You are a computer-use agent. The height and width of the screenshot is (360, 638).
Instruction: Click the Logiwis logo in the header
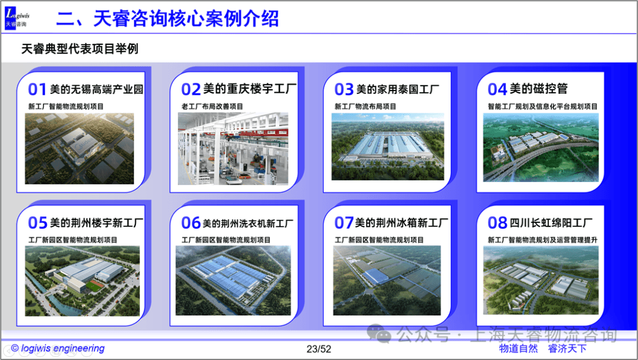17,18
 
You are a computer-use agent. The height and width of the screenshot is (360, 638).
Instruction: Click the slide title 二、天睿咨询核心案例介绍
167,19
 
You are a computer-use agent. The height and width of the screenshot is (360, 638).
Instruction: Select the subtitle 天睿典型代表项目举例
80,49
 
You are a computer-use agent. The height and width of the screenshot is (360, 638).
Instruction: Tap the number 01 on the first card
37,89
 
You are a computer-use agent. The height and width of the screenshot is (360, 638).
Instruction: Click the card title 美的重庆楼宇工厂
250,89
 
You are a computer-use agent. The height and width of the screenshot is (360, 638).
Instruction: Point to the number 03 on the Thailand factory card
344,89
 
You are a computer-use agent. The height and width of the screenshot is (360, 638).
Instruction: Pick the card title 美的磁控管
539,88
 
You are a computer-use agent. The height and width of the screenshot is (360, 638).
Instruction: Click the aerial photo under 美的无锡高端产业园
79,148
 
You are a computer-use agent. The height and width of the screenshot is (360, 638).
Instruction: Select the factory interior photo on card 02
233,148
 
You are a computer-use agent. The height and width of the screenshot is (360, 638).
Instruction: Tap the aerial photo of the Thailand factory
388,147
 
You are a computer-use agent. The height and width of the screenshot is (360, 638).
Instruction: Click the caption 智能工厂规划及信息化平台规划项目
543,106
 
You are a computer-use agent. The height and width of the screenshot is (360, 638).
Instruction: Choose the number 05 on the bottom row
37,223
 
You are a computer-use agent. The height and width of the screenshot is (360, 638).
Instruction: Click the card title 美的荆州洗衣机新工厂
248,223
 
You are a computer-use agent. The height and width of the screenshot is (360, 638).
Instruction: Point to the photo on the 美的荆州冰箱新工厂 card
387,280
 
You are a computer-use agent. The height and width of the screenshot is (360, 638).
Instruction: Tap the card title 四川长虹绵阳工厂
551,223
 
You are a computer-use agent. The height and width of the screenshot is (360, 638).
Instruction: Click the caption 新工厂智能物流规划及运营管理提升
543,240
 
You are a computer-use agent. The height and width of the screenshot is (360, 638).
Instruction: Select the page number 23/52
319,349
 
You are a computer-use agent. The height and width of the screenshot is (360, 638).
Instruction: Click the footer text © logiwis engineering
58,348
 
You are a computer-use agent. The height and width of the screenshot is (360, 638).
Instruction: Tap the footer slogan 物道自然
519,349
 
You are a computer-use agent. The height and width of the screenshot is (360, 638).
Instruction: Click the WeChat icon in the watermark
379,333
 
